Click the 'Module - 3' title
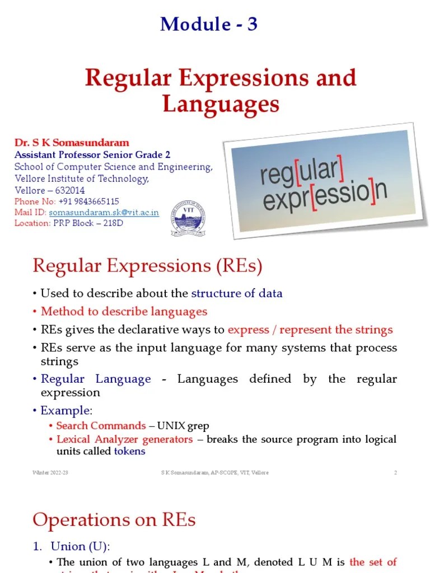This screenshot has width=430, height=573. [209, 24]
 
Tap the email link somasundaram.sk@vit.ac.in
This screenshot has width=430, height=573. [104, 213]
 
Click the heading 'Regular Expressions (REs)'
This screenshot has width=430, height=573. [147, 266]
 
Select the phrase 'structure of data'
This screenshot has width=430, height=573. [237, 293]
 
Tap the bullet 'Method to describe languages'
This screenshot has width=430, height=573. [124, 312]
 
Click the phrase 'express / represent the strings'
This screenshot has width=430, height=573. [310, 330]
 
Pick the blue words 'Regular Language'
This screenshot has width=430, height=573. [96, 379]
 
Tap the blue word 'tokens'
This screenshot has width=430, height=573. [129, 451]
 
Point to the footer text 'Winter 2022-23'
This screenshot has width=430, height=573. [50, 473]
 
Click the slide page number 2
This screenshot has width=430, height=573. [395, 473]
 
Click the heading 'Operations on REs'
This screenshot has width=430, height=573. [114, 520]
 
